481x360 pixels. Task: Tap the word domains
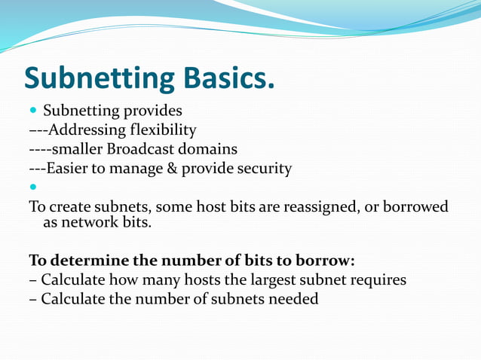point(210,149)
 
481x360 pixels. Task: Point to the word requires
point(375,280)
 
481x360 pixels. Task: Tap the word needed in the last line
point(293,299)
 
